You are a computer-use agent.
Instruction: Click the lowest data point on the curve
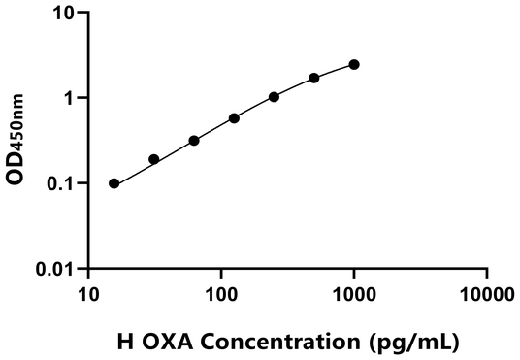[x=114, y=183]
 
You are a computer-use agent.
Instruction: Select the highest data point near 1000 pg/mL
[x=354, y=64]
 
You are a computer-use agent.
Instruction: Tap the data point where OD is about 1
[x=275, y=97]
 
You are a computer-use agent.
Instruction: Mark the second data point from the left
[x=154, y=159]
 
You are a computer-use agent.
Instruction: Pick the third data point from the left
[x=194, y=141]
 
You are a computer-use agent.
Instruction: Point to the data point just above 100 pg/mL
[x=235, y=118]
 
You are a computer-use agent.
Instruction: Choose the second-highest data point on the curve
[x=314, y=78]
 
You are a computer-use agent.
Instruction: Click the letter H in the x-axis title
[x=123, y=342]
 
